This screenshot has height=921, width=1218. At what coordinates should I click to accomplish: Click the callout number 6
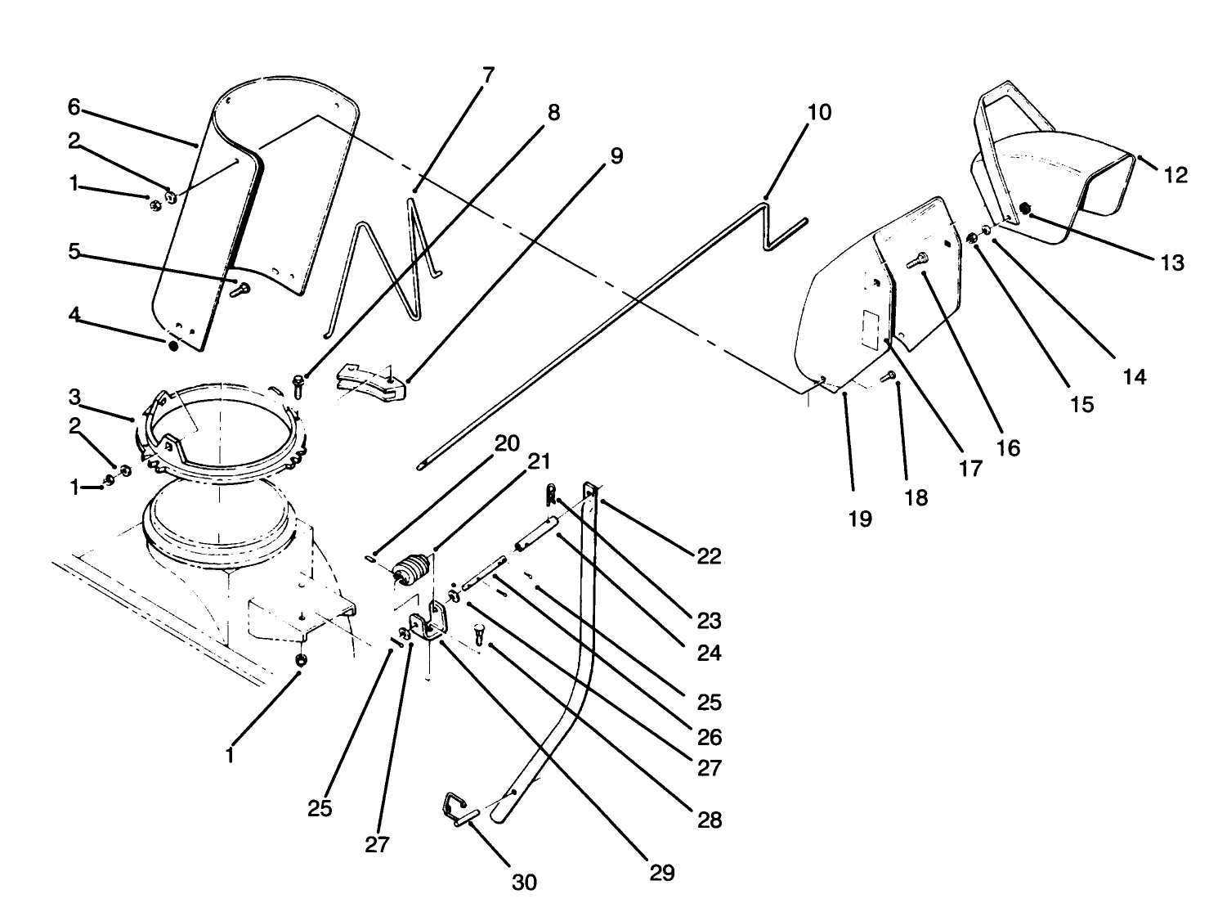pos(74,106)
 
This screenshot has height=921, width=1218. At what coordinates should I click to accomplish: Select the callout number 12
pos(1175,174)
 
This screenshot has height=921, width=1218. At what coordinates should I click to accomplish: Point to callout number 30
pos(524,882)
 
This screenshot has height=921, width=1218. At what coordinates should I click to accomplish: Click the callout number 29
pos(662,873)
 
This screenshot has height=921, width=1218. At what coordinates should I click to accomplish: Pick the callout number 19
pos(860,519)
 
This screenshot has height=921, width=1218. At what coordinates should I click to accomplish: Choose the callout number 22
pos(709,556)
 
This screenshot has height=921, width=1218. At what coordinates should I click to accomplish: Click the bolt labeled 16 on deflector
pos(916,260)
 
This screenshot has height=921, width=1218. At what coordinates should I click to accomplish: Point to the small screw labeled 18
pos(891,375)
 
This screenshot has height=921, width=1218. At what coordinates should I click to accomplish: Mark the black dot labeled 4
pos(172,346)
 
